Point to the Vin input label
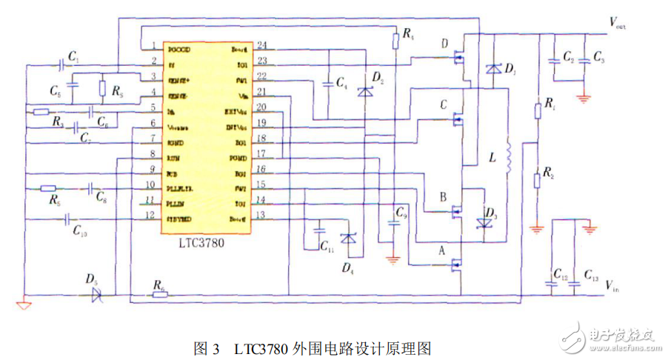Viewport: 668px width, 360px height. click(613, 284)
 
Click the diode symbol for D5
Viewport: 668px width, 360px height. click(96, 295)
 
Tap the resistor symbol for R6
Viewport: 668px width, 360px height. click(158, 295)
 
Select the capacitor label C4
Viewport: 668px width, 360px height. click(341, 82)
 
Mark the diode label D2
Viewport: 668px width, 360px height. click(378, 78)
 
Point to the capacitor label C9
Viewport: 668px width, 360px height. click(401, 213)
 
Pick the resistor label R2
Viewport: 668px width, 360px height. click(547, 173)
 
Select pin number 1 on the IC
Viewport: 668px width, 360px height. click(153, 46)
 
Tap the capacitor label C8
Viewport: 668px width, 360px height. click(101, 197)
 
